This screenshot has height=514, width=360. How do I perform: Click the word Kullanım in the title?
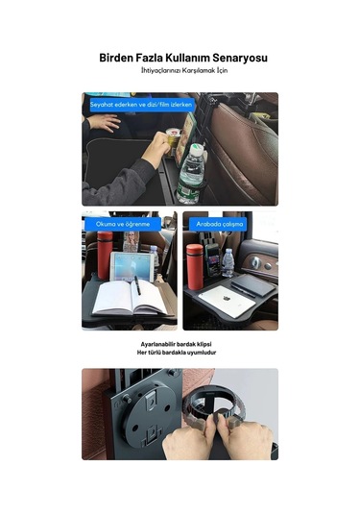(x=183, y=59)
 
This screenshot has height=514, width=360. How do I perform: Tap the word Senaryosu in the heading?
(x=236, y=59)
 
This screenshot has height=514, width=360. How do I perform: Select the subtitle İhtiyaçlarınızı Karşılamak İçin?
(x=180, y=72)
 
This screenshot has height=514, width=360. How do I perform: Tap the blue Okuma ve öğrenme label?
(x=118, y=223)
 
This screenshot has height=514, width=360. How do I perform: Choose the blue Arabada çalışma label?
(x=220, y=223)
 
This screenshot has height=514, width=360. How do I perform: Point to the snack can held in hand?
(x=175, y=142)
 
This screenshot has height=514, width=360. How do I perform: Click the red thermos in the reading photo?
(x=104, y=254)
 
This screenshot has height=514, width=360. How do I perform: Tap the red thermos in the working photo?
(x=195, y=261)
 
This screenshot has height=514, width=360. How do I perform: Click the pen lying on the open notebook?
(x=137, y=286)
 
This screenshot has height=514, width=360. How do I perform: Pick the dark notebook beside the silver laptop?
(x=252, y=284)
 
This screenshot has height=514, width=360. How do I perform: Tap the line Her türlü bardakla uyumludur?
(x=180, y=353)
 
